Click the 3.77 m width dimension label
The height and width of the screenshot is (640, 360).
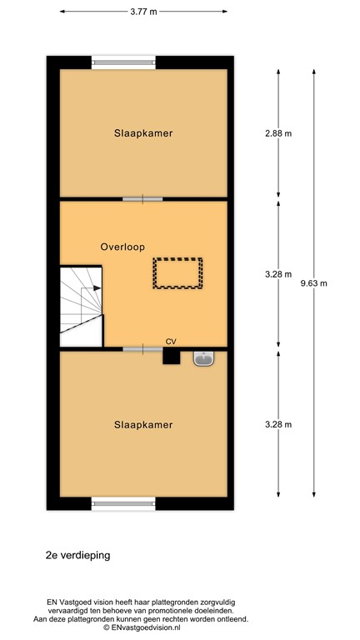click(x=143, y=12)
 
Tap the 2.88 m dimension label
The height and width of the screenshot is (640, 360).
click(x=278, y=132)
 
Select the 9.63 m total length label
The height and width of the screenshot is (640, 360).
click(x=313, y=282)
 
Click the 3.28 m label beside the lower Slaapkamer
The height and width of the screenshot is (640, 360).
click(x=278, y=424)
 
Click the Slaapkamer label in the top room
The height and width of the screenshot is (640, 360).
click(x=143, y=132)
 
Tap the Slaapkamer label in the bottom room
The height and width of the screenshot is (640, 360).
click(x=143, y=424)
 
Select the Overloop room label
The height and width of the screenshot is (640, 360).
click(x=122, y=247)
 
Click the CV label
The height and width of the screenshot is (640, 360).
click(x=171, y=341)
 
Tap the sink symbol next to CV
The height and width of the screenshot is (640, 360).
click(x=202, y=357)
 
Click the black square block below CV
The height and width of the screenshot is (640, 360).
click(x=171, y=356)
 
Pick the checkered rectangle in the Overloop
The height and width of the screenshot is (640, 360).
click(x=177, y=273)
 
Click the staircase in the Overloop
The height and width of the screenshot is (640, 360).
click(x=81, y=304)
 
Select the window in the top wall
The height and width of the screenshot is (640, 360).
click(x=123, y=61)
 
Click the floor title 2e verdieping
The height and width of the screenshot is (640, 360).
click(x=77, y=553)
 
